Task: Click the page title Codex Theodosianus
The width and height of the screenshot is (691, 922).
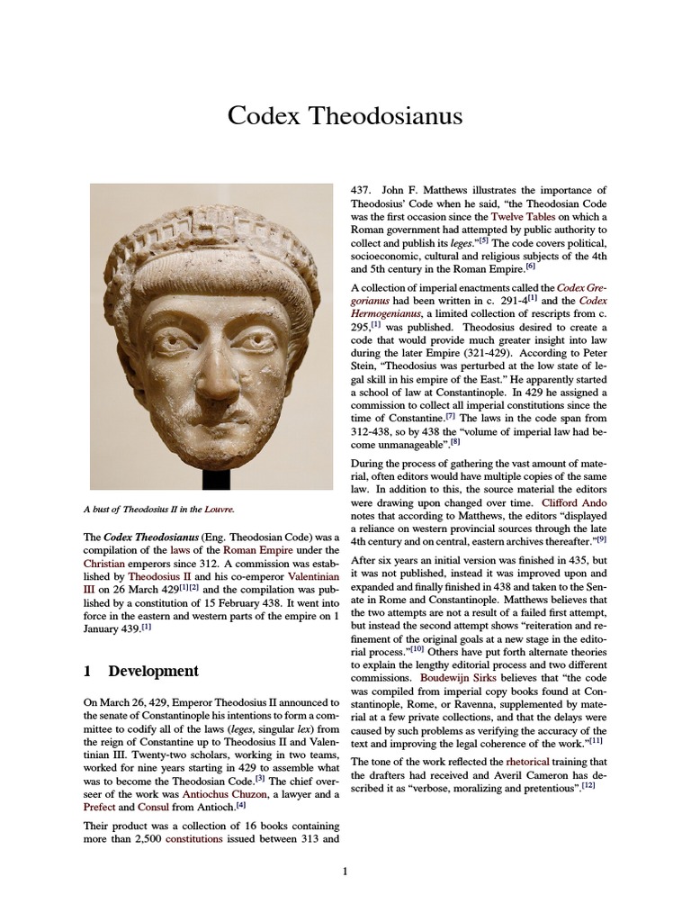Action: pyautogui.click(x=345, y=116)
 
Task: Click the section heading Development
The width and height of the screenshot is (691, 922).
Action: pyautogui.click(x=153, y=672)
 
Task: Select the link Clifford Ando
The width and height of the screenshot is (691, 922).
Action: pyautogui.click(x=574, y=502)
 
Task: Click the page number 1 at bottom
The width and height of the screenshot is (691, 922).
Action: pyautogui.click(x=345, y=871)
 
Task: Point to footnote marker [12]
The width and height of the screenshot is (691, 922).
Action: pyautogui.click(x=588, y=785)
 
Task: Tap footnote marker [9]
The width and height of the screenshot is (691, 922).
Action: pyautogui.click(x=601, y=539)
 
